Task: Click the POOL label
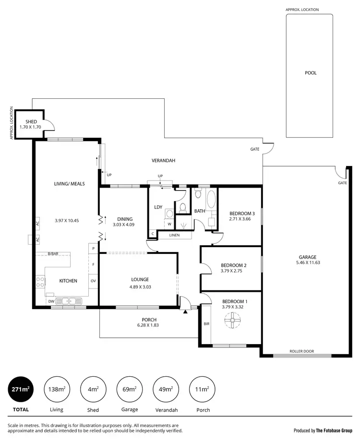coord(311,73)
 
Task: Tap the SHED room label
coord(31,122)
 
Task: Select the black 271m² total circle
coord(20,389)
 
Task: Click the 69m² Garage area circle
coord(130,389)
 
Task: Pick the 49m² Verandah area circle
coord(166,389)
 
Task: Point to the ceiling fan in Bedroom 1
coord(232,320)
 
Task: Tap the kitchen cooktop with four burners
coord(40,282)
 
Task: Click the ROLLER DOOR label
coord(301,351)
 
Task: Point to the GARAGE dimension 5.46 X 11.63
coord(308,262)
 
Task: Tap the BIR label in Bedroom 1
coord(206,324)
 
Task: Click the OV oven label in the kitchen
coord(93,281)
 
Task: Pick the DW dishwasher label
coord(51,301)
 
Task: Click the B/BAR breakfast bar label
coord(53,254)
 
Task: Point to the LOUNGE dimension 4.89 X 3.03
coord(140,286)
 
